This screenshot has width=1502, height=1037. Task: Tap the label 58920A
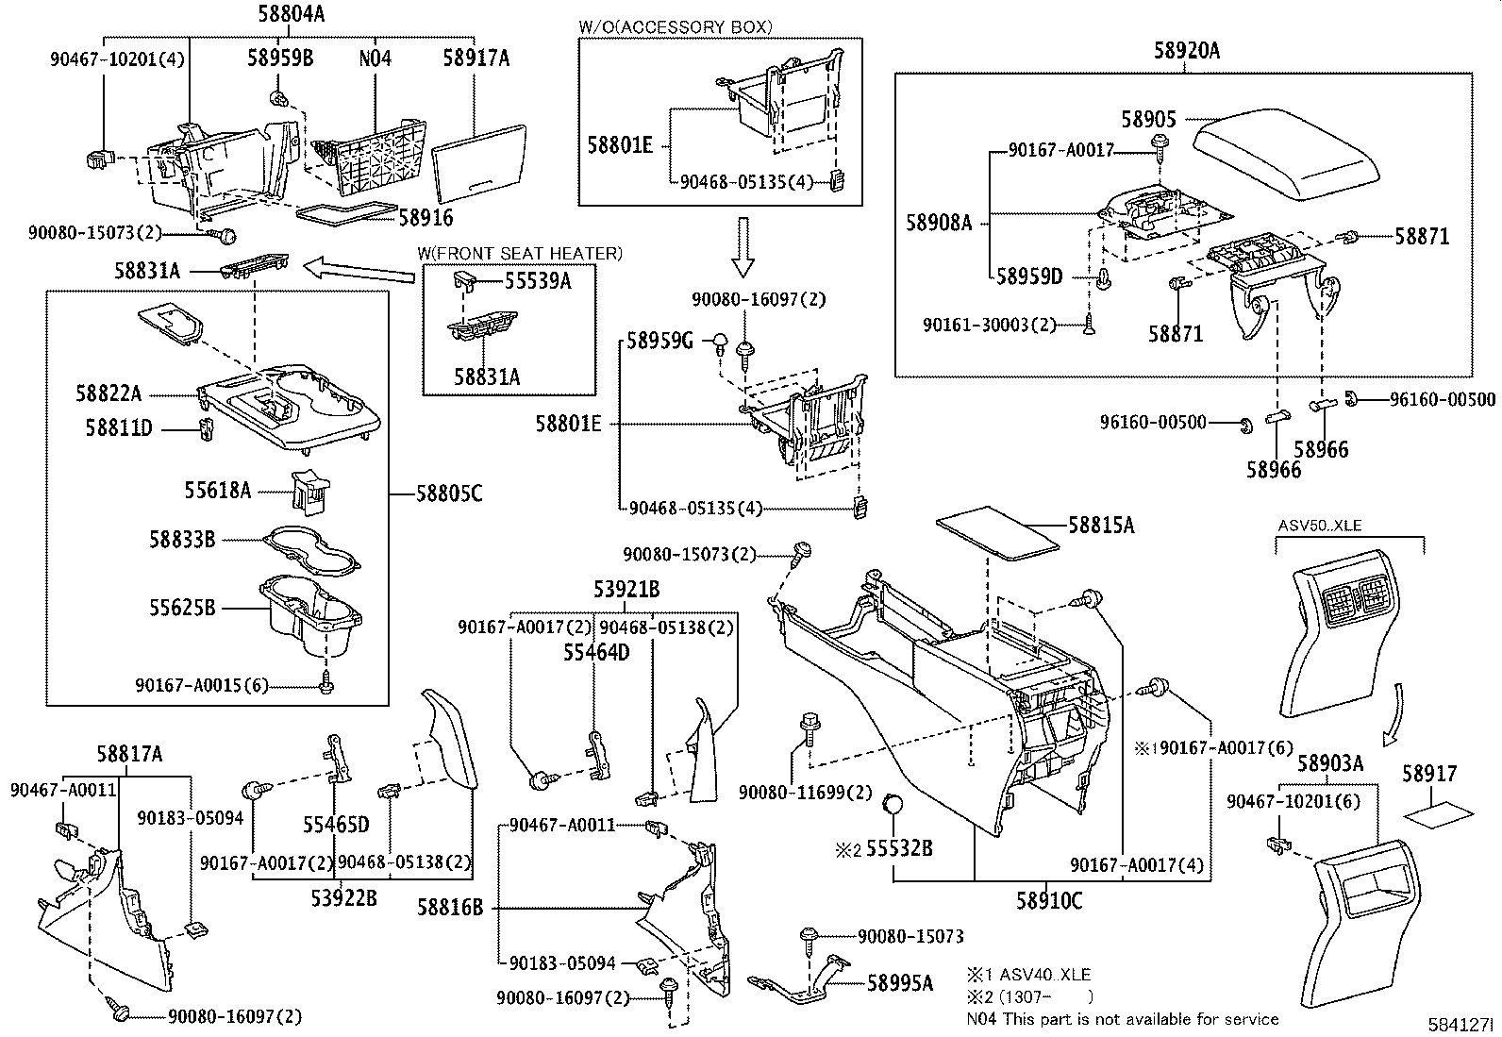click(x=1186, y=51)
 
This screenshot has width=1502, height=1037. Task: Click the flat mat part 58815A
click(x=995, y=534)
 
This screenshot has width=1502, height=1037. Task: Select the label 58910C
click(x=1049, y=901)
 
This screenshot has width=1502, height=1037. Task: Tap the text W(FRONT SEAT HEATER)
click(x=521, y=253)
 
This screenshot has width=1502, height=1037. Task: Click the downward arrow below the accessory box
click(x=743, y=247)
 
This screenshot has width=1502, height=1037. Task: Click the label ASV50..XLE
click(x=1320, y=526)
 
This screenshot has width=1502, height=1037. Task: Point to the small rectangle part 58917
click(x=1437, y=811)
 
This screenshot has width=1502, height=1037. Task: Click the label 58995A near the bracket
click(x=900, y=983)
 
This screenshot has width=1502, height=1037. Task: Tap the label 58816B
click(x=450, y=908)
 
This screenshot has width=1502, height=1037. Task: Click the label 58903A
click(x=1329, y=763)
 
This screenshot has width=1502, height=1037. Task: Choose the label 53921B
click(x=626, y=590)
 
